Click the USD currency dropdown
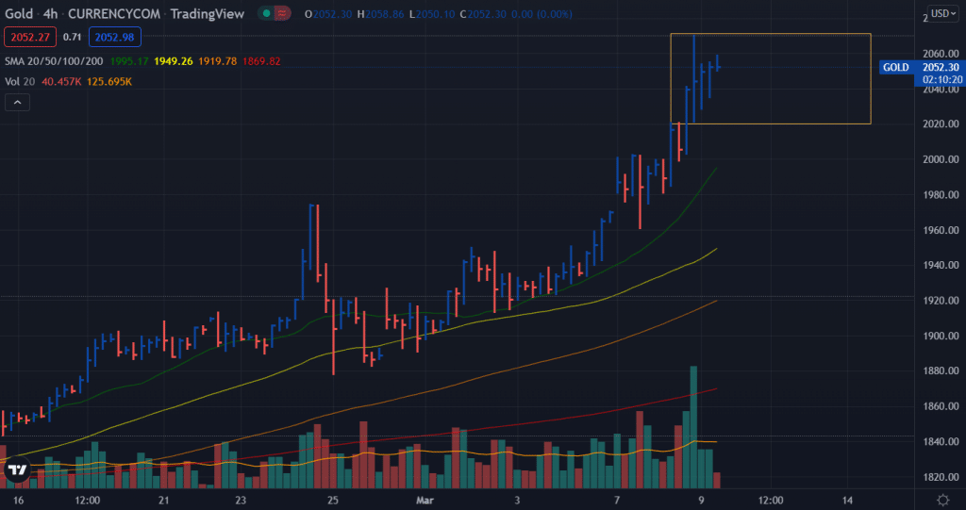(x=941, y=13)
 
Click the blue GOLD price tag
(x=895, y=68)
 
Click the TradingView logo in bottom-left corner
(x=16, y=470)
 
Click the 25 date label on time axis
(x=332, y=499)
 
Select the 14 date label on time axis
(x=848, y=499)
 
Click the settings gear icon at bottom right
(x=941, y=499)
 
